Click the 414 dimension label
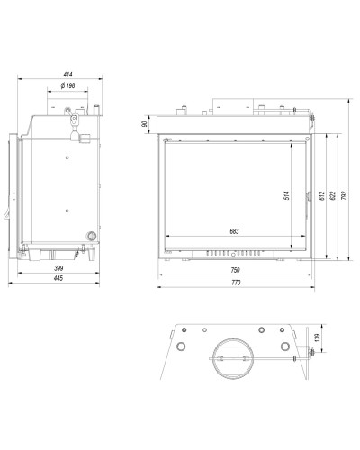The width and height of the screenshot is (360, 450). pos(68,74)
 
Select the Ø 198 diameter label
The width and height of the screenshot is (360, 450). pos(67,85)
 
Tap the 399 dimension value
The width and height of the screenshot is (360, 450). pos(58,268)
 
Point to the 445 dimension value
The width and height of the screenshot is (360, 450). pos(58,278)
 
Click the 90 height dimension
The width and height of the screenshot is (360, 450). pos(145,124)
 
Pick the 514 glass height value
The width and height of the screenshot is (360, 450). pos(286,195)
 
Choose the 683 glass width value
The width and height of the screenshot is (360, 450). pos(234,231)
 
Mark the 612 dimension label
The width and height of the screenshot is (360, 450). pos(322,196)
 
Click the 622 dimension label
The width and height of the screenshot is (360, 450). pos(333,196)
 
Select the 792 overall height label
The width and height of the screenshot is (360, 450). pos(344,195)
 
